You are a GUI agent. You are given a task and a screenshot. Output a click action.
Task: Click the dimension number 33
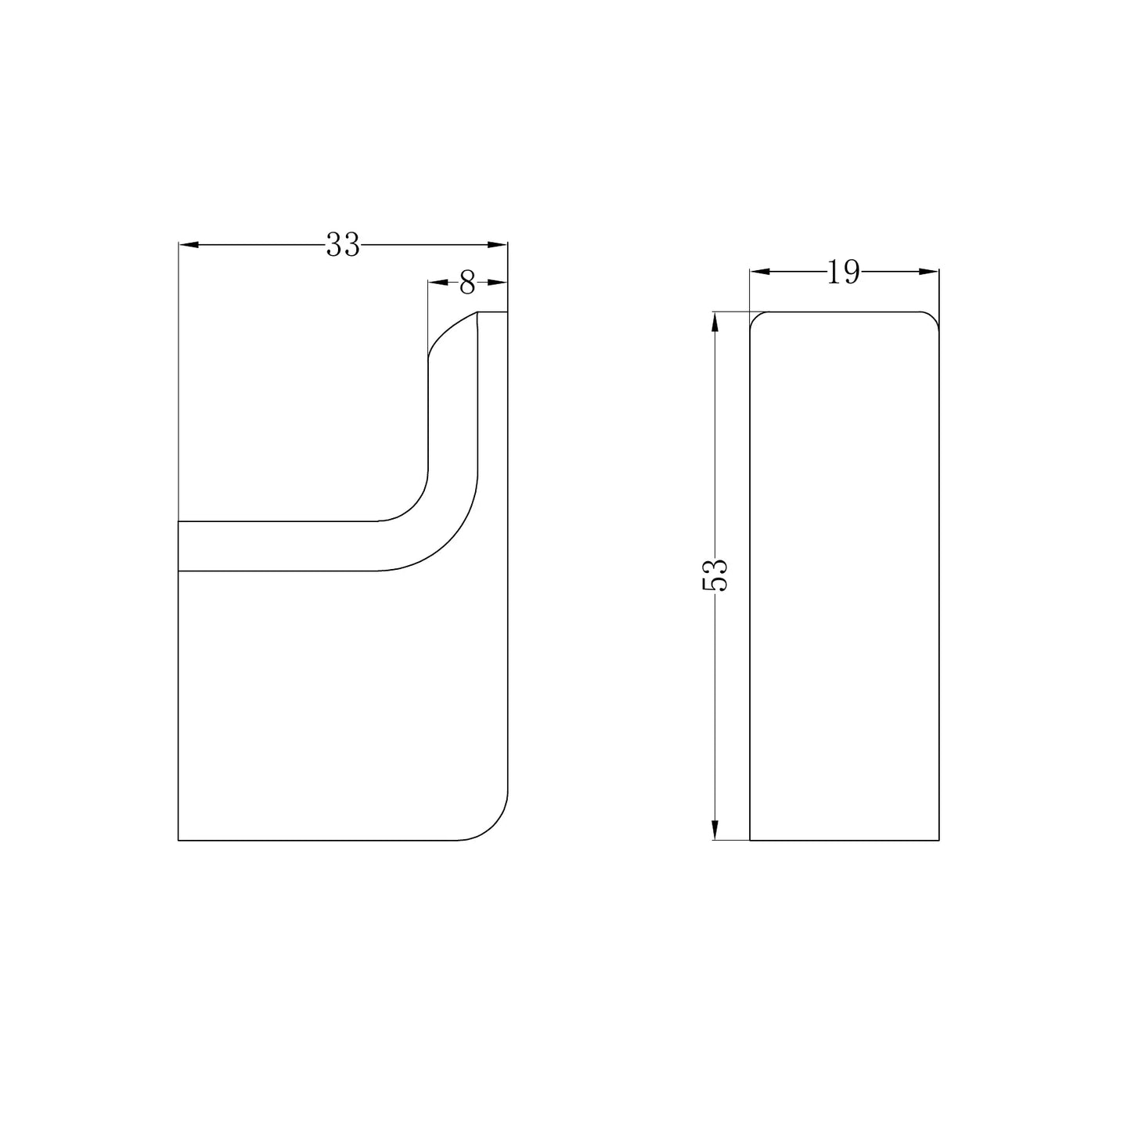[343, 245]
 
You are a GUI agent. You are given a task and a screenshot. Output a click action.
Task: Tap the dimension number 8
[467, 283]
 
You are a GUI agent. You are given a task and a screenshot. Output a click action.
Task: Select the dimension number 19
[844, 272]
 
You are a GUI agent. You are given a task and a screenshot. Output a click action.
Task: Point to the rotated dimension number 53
[715, 575]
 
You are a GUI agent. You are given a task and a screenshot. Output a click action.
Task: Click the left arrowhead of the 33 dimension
[189, 245]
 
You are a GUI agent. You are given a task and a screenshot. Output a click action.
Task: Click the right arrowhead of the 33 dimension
[497, 245]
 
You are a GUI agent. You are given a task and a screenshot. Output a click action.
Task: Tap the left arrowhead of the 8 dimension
[438, 283]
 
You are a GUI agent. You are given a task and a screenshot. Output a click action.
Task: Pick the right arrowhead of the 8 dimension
[498, 283]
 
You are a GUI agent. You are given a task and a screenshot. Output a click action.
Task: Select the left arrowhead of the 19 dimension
[760, 271]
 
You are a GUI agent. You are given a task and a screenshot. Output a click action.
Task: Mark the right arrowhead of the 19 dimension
[928, 271]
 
